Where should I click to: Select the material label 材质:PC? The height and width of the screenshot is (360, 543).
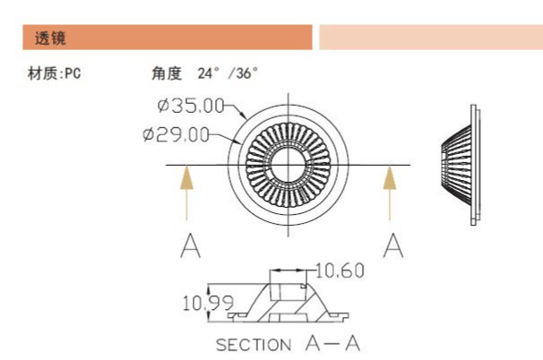coord(55,73)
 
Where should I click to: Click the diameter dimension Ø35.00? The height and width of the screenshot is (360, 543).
coord(190,106)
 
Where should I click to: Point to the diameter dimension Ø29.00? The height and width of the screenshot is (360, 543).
coord(176,135)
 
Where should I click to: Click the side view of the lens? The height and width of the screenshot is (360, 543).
coord(463,162)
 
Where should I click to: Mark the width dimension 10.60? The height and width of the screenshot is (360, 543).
coord(340,270)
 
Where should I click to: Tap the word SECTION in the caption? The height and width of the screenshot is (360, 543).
coord(254,345)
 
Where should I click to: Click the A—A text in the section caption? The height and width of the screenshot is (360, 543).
coord(333,343)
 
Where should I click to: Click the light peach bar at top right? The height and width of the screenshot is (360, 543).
coord(430,38)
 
